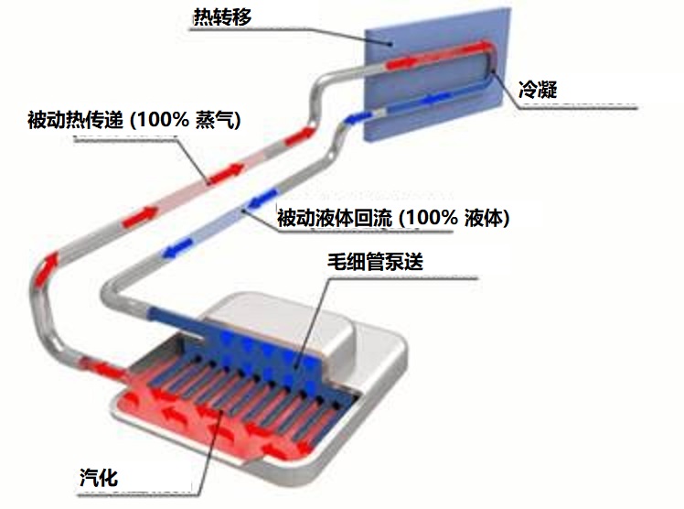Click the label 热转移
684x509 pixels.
click(221, 16)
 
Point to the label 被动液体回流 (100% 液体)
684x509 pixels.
click(392, 219)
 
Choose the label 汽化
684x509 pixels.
click(98, 476)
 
